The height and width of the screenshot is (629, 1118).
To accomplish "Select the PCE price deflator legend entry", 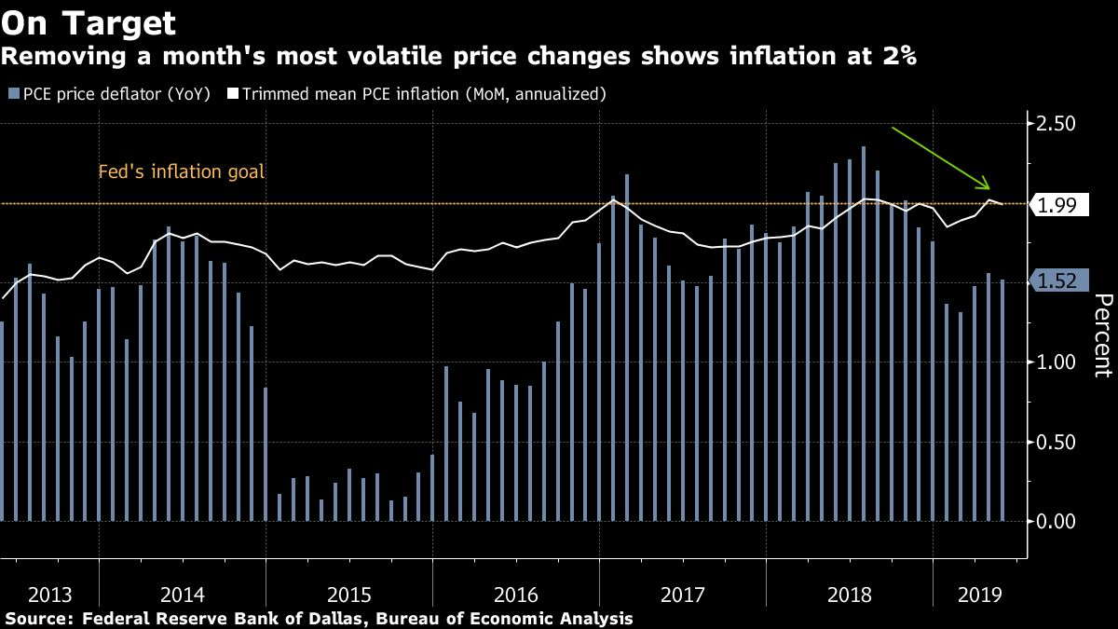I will click(108, 93).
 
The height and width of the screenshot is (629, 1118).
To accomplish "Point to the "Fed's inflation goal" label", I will click(182, 172).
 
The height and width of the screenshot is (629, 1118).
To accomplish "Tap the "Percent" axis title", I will click(1102, 335).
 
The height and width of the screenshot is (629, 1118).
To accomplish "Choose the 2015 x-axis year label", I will click(348, 595).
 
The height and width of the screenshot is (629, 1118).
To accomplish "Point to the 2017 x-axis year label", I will click(682, 595).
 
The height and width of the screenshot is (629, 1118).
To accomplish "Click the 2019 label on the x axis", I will click(978, 595).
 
